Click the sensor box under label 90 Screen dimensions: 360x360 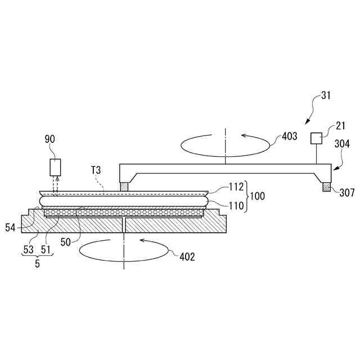55,167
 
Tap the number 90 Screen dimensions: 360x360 51,138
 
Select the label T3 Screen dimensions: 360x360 95,170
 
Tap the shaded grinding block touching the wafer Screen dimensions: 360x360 124,186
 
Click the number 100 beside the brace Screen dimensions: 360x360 258,197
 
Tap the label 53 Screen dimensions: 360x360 29,249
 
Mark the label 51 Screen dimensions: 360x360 46,249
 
